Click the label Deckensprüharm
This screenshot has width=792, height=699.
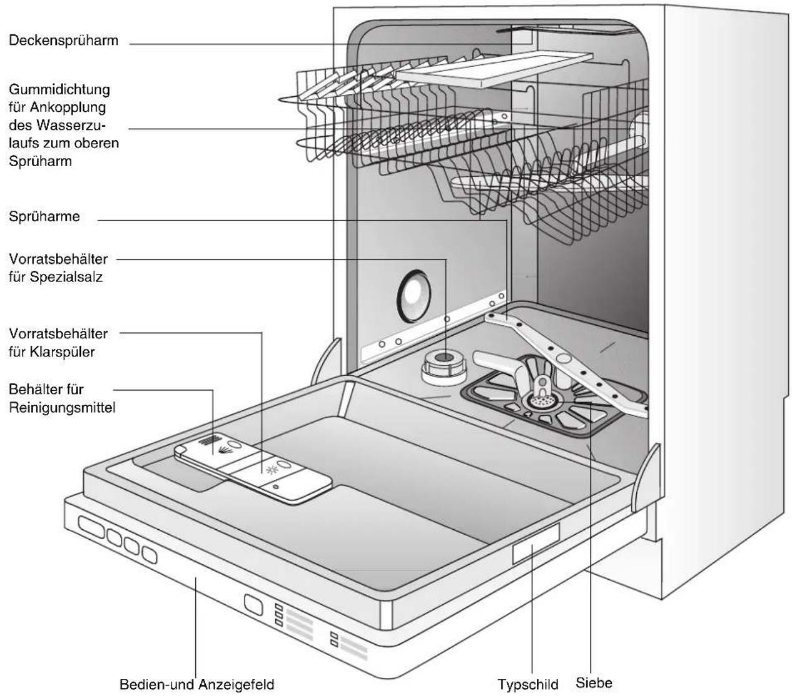coord(64,41)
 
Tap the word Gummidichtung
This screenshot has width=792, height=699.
coord(59,90)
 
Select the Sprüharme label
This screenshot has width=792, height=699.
coord(44,217)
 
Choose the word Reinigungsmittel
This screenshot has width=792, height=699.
coord(62,408)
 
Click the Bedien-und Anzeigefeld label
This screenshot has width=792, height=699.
coord(196,684)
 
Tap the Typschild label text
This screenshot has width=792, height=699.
coord(528,685)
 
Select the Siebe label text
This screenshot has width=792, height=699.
coord(594,683)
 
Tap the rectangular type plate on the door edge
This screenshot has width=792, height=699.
coord(536,544)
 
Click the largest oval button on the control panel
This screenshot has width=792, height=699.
coord(92,527)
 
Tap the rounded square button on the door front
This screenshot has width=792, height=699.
coord(253,604)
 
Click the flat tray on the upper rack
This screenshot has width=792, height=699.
coord(495,69)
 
